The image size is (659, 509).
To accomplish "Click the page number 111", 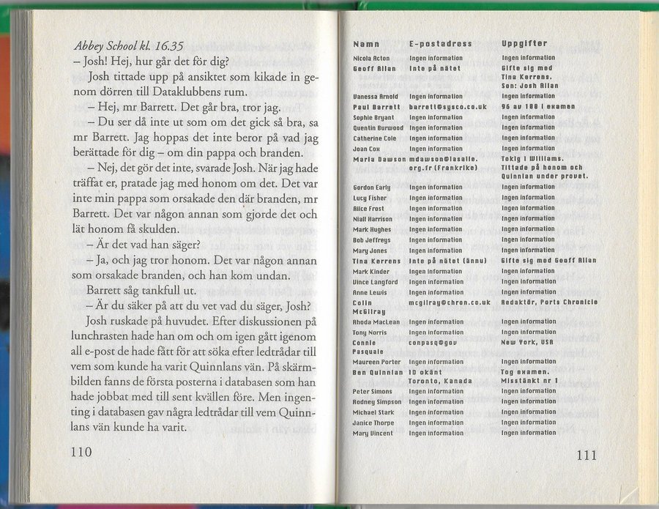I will [587, 455].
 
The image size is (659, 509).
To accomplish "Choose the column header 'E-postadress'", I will [440, 45].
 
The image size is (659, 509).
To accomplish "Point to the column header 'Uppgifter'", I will [525, 45].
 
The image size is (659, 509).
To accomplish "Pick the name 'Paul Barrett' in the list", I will [374, 106].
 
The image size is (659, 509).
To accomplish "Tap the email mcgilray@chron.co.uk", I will [449, 302].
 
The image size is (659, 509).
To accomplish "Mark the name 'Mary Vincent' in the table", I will [373, 433].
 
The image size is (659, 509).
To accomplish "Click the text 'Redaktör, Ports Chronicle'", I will [549, 302].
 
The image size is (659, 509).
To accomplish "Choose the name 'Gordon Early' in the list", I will [372, 187].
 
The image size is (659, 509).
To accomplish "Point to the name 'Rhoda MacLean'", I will [376, 322].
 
